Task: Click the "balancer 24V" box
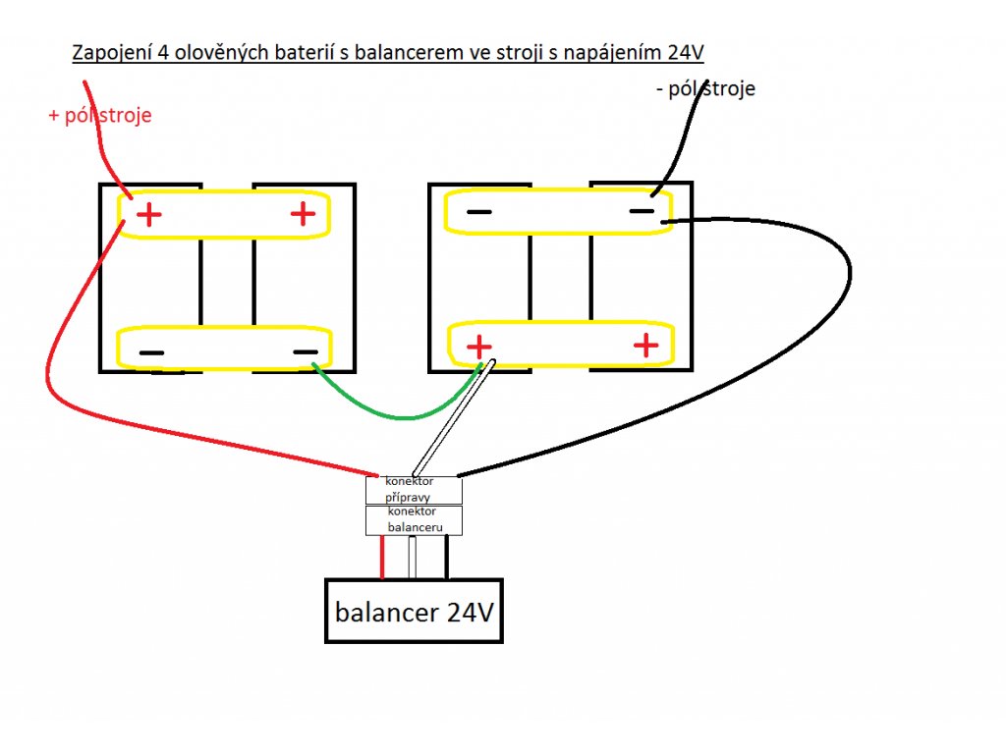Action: (x=414, y=612)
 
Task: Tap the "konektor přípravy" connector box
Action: (x=413, y=490)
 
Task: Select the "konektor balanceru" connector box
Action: (x=413, y=520)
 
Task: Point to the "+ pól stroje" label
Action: (x=100, y=116)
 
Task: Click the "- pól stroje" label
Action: (x=704, y=89)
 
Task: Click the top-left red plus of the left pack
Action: (x=148, y=214)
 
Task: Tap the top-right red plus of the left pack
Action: (x=303, y=213)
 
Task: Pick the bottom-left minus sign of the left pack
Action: (x=151, y=352)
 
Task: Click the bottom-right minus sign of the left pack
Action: (x=306, y=351)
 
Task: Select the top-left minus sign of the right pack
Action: (x=479, y=211)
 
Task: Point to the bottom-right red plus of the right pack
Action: (x=645, y=345)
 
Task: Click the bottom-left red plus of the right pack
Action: (x=478, y=347)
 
